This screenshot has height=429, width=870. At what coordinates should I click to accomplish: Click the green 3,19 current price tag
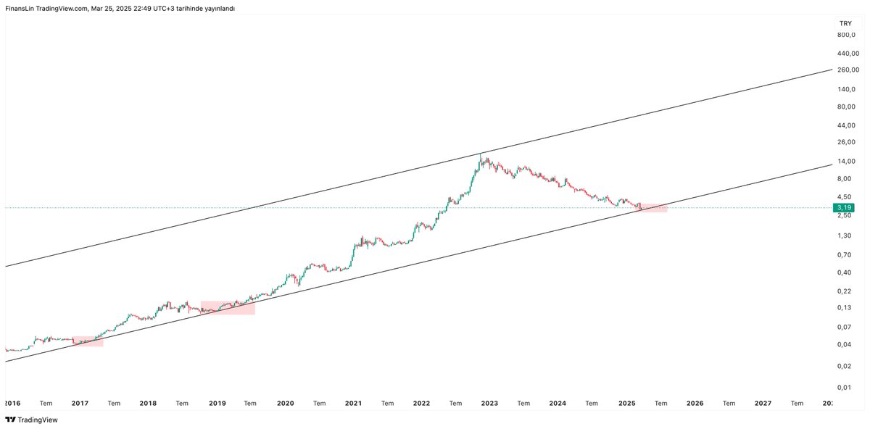pos(844,208)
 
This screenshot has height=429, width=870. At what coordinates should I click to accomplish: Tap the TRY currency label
pos(845,24)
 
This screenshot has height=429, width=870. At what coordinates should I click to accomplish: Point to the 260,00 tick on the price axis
pos(848,70)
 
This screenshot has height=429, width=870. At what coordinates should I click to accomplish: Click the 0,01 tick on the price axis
pos(844,387)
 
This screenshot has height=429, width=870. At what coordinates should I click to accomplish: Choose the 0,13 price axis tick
pos(844,307)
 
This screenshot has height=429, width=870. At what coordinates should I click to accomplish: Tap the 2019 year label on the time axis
pos(217,403)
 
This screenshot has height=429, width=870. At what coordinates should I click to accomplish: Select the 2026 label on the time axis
pos(695,403)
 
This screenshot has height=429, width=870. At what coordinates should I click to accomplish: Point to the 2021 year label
pos(353,403)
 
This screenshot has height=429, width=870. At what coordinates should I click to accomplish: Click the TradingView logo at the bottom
pos(31,420)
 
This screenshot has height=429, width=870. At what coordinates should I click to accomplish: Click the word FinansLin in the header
pos(20,9)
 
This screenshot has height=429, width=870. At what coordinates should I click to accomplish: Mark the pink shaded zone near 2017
pos(88,341)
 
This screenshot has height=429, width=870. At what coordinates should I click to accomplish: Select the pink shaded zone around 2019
pos(228,308)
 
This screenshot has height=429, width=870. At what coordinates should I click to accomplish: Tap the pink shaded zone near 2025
pos(653,208)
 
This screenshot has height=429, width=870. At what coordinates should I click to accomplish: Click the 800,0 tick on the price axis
pos(846,35)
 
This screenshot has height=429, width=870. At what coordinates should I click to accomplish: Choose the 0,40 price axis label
pos(844,272)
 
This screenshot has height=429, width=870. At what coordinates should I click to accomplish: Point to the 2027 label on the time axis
pos(763,403)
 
